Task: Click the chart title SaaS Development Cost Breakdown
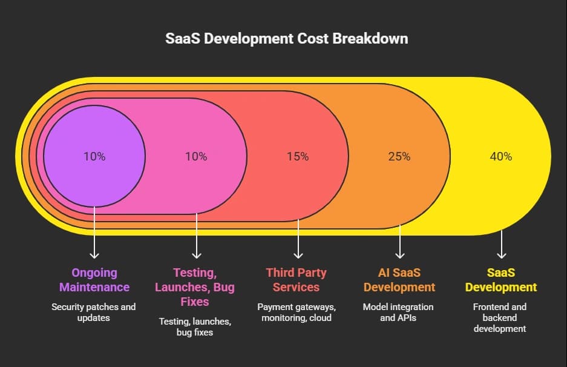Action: coord(286,39)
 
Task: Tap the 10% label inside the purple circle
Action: coord(94,156)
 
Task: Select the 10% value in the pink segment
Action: coord(196,156)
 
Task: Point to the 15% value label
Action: coord(298,156)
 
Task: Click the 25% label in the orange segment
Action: coord(399,156)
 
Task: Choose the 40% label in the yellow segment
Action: coord(501,156)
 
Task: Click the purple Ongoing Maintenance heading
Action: coord(94,280)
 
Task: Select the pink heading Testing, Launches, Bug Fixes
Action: coord(196,287)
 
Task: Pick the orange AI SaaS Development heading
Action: coord(399,280)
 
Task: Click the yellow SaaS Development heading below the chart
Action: coord(501,280)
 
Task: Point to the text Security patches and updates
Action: coord(94,312)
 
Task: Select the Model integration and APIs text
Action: coord(399,312)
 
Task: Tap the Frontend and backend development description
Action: coord(501,317)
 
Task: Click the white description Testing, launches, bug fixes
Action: coord(196,326)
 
